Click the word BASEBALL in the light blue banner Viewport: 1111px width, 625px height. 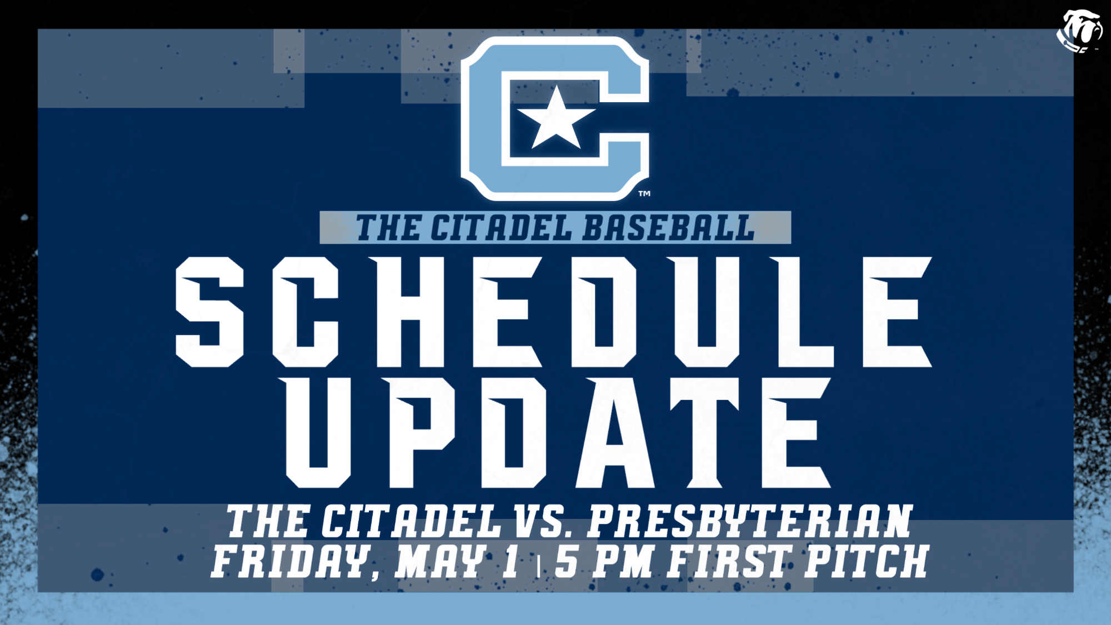(669, 228)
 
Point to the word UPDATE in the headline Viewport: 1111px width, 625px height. (555, 432)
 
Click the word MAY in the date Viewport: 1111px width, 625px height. (440, 561)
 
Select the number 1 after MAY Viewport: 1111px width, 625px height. (510, 561)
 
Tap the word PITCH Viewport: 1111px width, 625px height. (867, 561)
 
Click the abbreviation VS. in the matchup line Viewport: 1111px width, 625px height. (543, 521)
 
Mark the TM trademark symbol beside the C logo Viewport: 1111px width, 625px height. (644, 193)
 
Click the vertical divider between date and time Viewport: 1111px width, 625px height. (538, 564)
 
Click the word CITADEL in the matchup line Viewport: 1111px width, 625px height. (411, 521)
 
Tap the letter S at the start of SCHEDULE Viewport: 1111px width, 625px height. (210, 312)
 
